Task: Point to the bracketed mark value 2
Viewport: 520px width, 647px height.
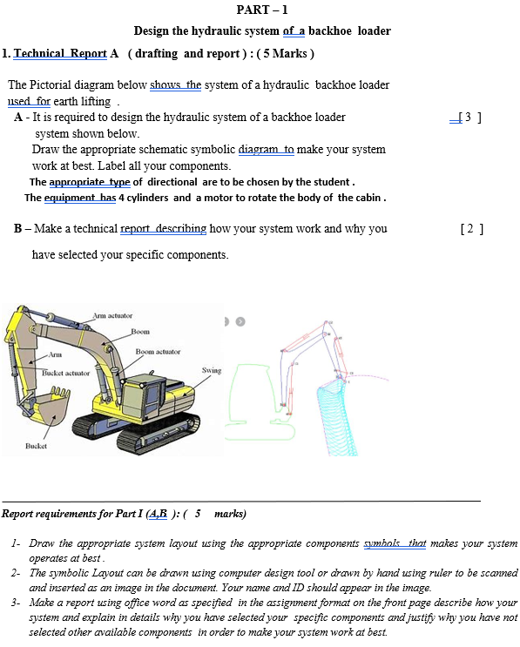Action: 470,229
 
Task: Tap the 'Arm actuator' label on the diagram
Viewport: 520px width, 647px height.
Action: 112,315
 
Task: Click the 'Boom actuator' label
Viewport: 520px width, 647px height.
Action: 158,352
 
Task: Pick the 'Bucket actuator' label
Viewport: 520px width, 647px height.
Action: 66,373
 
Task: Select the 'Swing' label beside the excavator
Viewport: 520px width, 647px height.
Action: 212,370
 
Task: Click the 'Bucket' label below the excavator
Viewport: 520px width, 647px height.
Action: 36,445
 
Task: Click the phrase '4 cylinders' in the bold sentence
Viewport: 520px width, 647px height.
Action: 144,198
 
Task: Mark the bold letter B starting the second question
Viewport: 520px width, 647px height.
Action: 17,229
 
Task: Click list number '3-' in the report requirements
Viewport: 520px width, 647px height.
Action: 17,603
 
